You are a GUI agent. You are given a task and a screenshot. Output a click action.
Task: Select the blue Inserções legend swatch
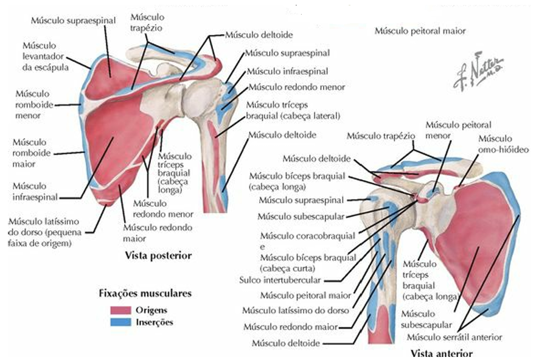[122, 322]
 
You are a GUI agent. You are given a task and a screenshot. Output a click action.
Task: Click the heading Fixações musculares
[145, 294]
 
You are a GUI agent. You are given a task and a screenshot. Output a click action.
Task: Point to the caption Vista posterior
[159, 256]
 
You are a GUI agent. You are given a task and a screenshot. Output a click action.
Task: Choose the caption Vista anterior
[441, 353]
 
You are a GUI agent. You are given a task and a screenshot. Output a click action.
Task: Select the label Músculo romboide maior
[33, 151]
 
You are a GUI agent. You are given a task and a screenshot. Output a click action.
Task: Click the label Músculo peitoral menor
[450, 130]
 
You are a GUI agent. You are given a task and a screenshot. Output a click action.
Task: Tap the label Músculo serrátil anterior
[454, 337]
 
